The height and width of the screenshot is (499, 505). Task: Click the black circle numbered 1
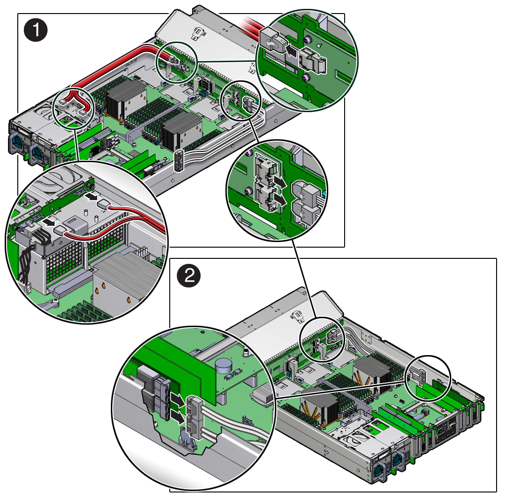click(x=36, y=30)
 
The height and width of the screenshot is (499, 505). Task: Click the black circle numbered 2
click(x=189, y=275)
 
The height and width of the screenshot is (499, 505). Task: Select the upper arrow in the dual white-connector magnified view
click(x=280, y=183)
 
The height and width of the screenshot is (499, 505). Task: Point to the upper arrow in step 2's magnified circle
click(x=177, y=399)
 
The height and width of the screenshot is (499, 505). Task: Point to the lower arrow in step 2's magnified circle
click(x=177, y=416)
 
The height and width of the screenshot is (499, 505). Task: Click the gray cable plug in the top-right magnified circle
click(x=273, y=41)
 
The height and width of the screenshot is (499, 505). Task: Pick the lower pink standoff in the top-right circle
click(x=306, y=78)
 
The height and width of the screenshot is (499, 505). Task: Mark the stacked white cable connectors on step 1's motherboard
click(x=179, y=160)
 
